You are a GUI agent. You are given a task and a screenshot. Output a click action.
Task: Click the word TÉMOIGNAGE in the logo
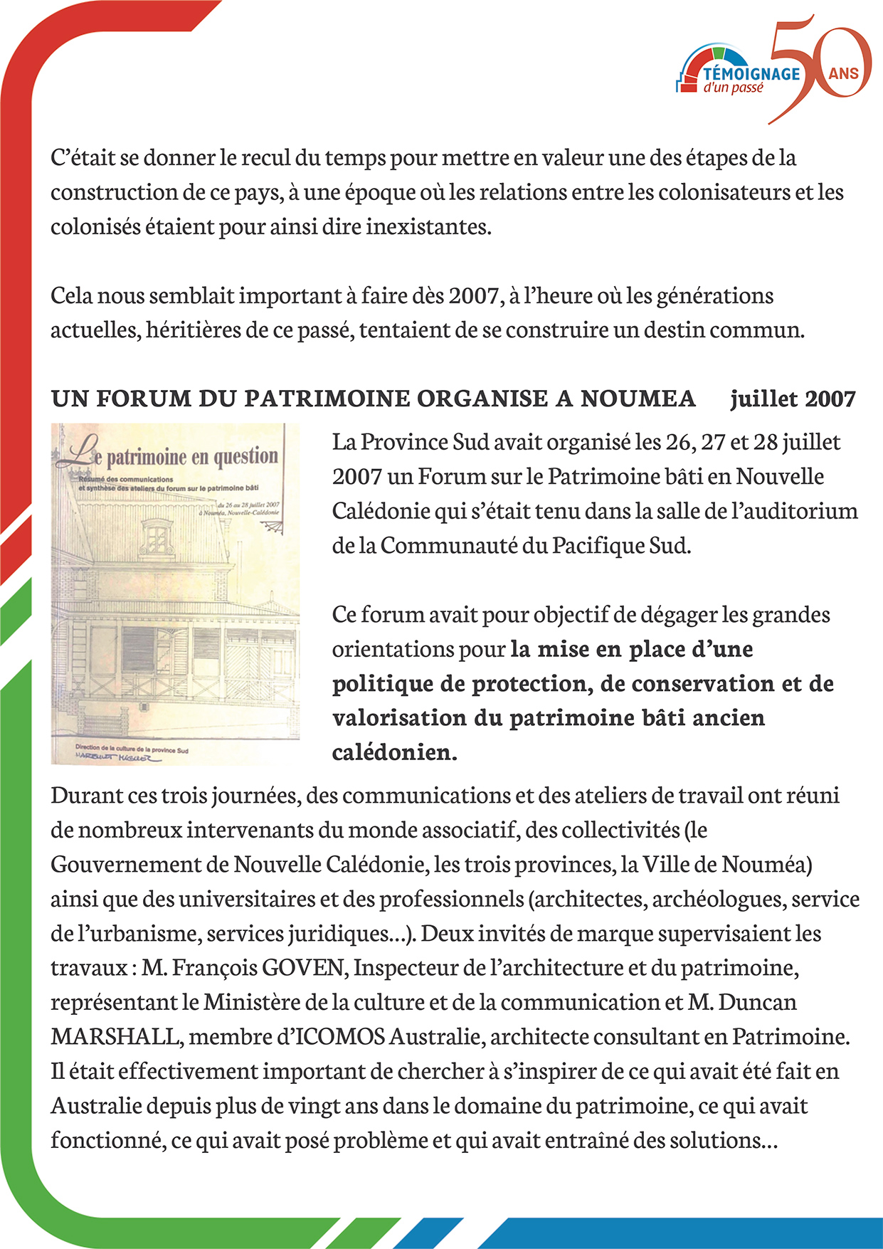pos(751,73)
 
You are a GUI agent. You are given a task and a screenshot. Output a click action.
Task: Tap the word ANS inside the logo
pos(844,73)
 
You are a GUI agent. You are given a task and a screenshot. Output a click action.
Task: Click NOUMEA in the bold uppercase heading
pos(638,399)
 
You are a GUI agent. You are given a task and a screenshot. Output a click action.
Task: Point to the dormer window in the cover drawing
pos(157,535)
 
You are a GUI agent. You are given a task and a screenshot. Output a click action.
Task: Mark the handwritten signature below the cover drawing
pos(117,759)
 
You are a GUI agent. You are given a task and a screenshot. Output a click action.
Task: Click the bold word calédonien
pos(394,752)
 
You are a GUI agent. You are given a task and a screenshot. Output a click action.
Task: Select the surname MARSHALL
pos(114,1037)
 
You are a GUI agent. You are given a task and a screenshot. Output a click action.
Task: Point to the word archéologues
pos(718,900)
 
